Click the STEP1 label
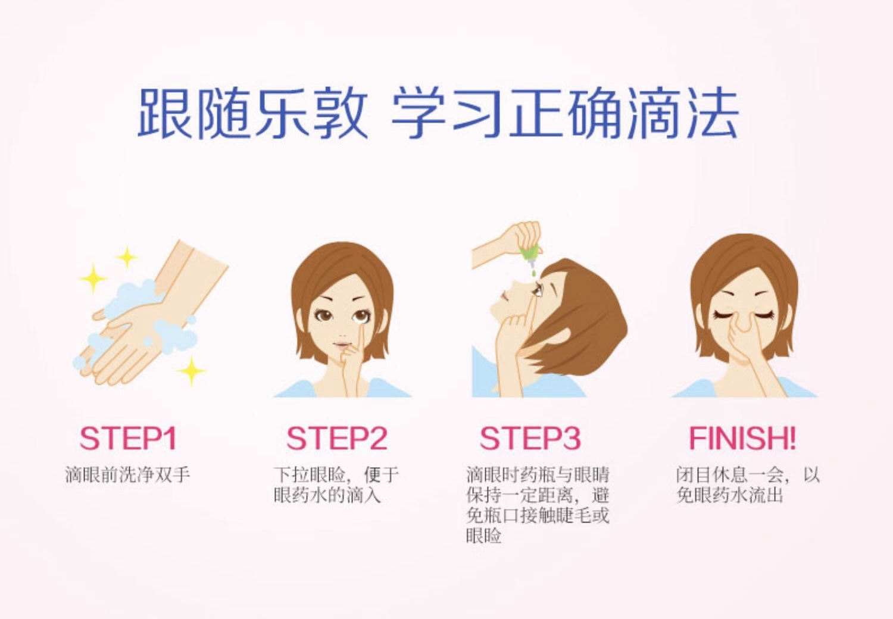(128, 439)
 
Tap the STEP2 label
(337, 439)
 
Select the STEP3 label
(530, 439)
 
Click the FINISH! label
(743, 439)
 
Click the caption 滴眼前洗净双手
(127, 475)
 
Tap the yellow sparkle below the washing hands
(191, 371)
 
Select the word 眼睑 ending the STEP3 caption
(483, 536)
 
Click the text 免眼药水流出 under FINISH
(729, 495)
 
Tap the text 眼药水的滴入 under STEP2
(327, 495)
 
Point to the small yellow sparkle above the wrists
(127, 257)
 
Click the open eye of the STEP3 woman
(537, 290)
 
